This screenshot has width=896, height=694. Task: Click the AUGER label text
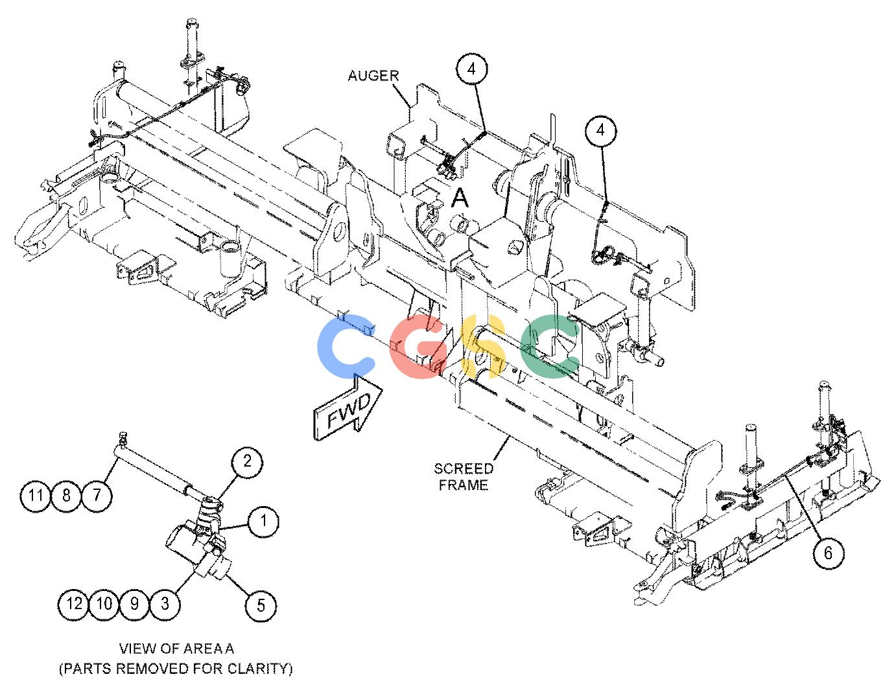click(373, 76)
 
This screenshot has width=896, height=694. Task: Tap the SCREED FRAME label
click(464, 477)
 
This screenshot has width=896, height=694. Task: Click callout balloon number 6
click(828, 553)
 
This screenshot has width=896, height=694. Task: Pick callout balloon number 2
click(247, 461)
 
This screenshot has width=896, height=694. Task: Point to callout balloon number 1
click(263, 521)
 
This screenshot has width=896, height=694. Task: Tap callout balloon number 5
click(261, 605)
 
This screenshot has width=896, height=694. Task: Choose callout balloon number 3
click(165, 604)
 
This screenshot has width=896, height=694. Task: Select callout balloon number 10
click(104, 604)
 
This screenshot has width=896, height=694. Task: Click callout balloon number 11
click(36, 495)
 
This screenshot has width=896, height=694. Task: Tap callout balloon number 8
click(66, 495)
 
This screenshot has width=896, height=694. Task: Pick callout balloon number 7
click(97, 495)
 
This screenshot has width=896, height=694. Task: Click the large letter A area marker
click(460, 198)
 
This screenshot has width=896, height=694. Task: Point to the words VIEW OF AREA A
click(176, 649)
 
